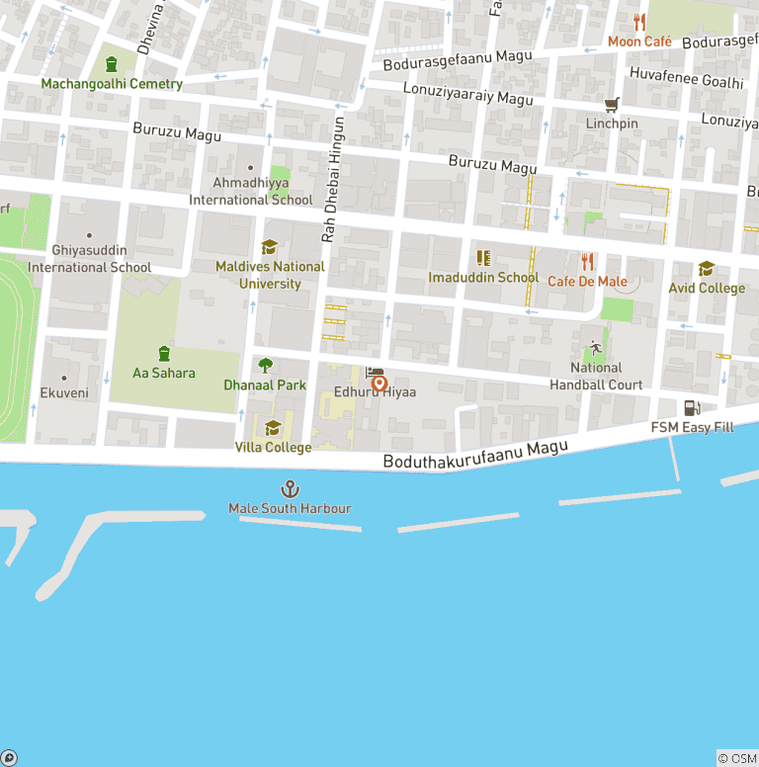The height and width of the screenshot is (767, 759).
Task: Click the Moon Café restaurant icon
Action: [639, 23]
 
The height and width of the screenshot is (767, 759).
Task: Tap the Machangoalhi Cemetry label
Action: [112, 84]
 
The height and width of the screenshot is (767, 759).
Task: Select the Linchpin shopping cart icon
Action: [612, 105]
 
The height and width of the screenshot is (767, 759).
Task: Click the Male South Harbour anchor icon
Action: [291, 488]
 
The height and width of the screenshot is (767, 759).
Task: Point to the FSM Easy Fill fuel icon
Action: [692, 408]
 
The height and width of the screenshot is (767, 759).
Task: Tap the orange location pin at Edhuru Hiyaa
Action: [379, 384]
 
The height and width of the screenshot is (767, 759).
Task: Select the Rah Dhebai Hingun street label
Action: [333, 180]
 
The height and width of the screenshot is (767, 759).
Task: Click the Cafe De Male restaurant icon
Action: [588, 262]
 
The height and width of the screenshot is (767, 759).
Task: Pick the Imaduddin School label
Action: [483, 278]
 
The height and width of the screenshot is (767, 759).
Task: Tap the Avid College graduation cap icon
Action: [707, 269]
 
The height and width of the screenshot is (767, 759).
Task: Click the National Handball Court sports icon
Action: [596, 348]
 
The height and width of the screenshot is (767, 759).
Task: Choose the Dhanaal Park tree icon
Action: [265, 366]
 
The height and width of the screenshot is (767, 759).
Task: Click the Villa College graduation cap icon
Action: [274, 428]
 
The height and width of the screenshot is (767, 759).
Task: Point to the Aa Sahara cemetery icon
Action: [164, 353]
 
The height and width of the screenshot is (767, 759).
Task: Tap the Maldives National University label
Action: [270, 275]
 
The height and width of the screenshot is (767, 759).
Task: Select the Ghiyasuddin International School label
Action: [89, 259]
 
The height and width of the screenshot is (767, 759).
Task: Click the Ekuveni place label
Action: [64, 393]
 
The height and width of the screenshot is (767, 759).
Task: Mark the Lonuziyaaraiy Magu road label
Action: [467, 94]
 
